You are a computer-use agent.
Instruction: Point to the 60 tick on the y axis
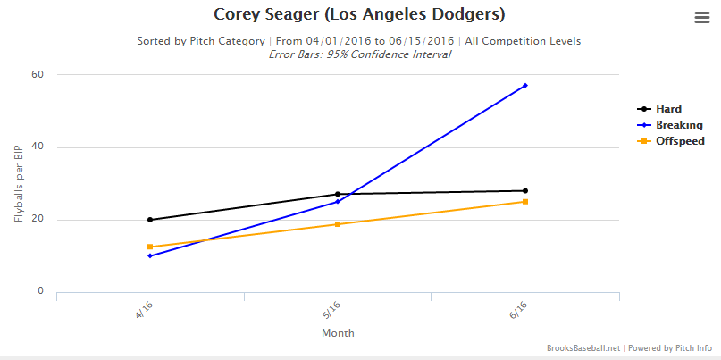point(38,74)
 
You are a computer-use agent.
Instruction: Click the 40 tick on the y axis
point(38,147)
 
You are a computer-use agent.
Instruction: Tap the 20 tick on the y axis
point(38,220)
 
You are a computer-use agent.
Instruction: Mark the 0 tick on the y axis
point(41,291)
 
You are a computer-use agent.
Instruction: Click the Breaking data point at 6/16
point(525,86)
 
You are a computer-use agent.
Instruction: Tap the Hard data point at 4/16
point(150,220)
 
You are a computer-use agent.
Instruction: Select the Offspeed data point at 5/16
point(338,224)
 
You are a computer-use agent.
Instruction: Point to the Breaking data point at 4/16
point(150,255)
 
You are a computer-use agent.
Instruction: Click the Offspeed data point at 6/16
point(525,202)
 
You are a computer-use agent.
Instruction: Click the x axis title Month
point(338,333)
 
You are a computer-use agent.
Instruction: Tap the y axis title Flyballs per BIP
point(18,183)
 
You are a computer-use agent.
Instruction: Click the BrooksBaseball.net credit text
point(583,348)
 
